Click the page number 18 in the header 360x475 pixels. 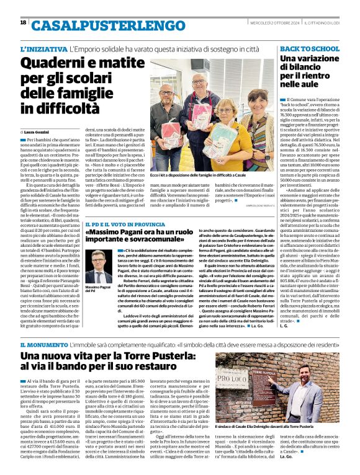pyautogui.click(x=23, y=23)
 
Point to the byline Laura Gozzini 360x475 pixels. pyautogui.click(x=39, y=132)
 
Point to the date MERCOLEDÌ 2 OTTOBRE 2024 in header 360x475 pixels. pyautogui.click(x=271, y=23)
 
